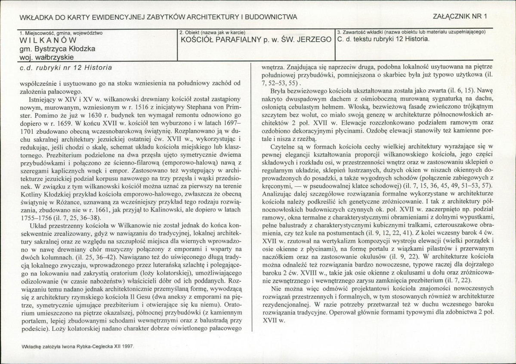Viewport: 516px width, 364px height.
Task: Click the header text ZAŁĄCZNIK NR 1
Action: tap(461, 17)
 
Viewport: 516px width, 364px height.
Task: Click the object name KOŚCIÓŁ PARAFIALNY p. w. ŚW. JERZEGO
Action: tap(256, 40)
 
